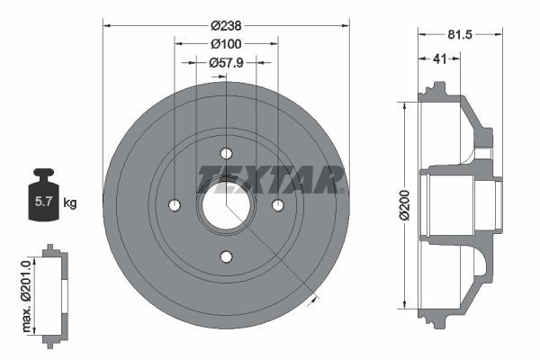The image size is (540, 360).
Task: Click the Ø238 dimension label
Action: coord(225,26)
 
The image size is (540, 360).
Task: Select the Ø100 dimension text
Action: coord(224,43)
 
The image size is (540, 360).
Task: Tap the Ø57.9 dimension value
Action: coord(224,62)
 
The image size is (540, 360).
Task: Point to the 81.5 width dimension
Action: coord(459,36)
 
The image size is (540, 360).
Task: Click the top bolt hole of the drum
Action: coord(226,152)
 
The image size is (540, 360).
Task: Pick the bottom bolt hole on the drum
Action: coord(226,258)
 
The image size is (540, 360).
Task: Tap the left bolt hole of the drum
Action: coord(173,205)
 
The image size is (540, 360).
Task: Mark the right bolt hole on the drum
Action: coord(279,205)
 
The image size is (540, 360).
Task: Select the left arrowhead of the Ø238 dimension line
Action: coord(106,26)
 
